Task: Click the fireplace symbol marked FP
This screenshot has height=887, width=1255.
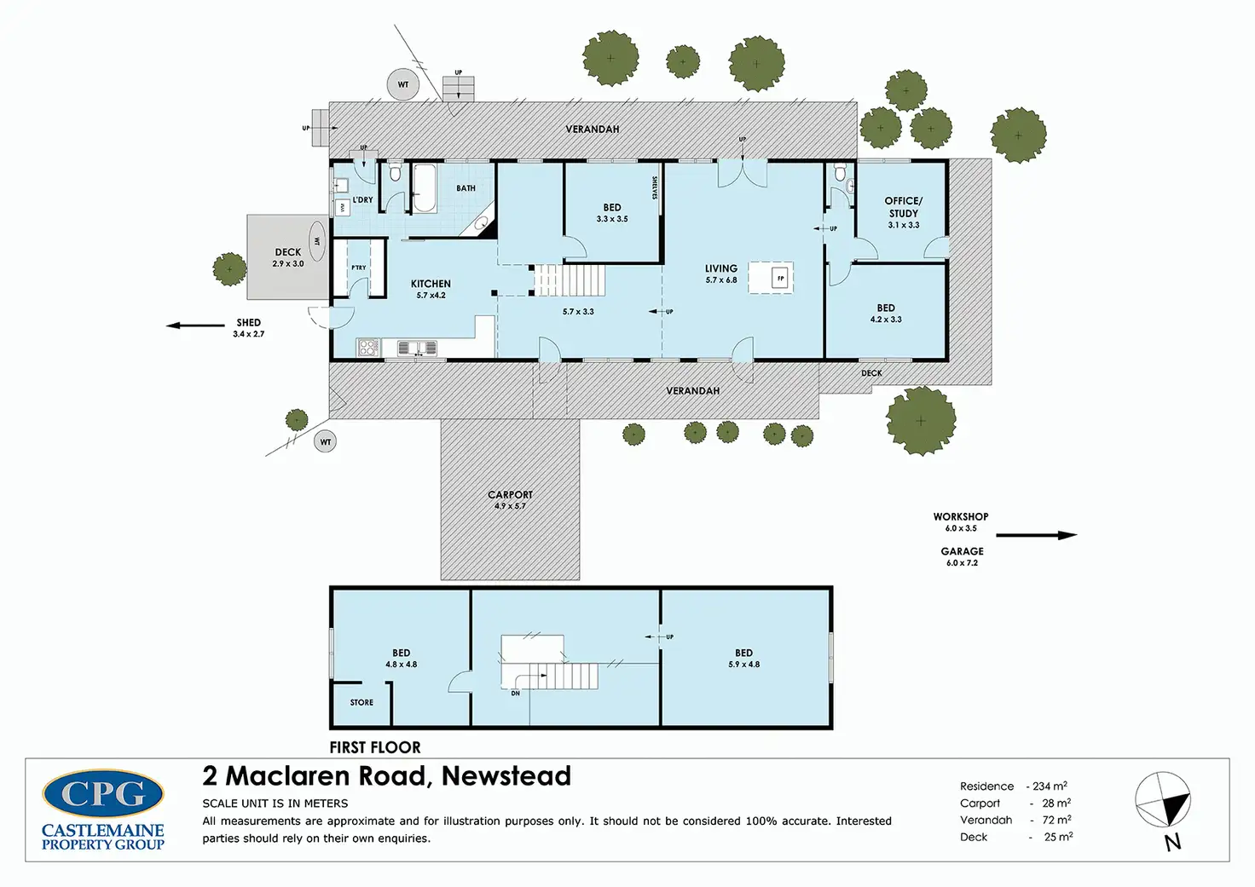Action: [x=779, y=279]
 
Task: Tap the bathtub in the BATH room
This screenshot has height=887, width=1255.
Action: [x=424, y=188]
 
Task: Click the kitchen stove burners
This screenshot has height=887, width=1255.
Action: [x=368, y=347]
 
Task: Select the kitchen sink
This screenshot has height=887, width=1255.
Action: [x=416, y=348]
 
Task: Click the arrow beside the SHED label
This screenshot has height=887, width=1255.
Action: [x=195, y=325]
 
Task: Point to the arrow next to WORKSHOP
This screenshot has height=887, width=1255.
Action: [x=1036, y=535]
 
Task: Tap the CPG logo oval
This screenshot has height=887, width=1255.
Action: [x=103, y=794]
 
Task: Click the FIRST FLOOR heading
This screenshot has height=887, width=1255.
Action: [x=375, y=747]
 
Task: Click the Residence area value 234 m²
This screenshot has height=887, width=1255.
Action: [x=1050, y=786]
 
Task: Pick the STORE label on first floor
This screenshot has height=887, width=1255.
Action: [x=361, y=703]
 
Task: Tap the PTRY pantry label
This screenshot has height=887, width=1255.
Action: [x=359, y=268]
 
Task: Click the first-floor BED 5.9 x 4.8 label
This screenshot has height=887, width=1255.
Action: [x=743, y=658]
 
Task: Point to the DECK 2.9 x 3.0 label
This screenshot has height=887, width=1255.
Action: [x=288, y=257]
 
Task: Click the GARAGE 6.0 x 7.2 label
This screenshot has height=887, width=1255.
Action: [x=962, y=556]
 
